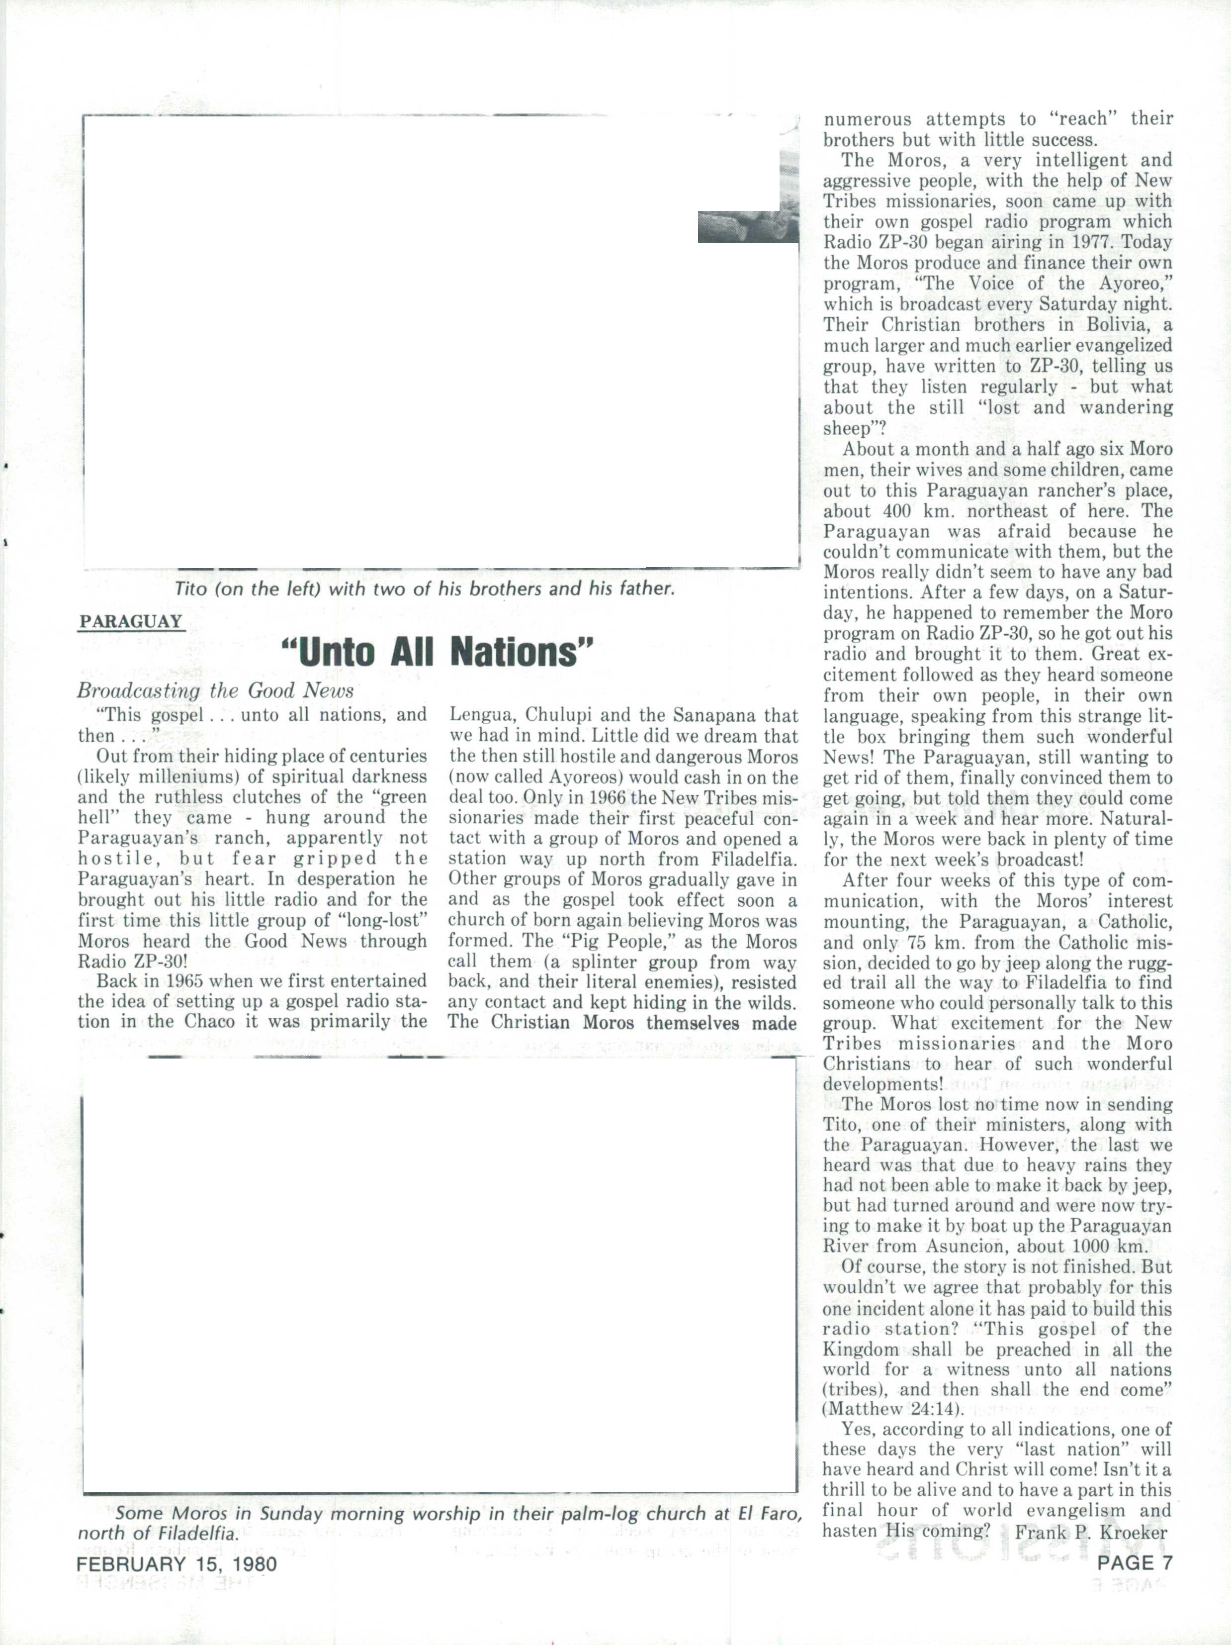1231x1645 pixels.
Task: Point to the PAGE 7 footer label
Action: pyautogui.click(x=1135, y=1562)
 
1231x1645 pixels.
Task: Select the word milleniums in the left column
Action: pyautogui.click(x=182, y=777)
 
